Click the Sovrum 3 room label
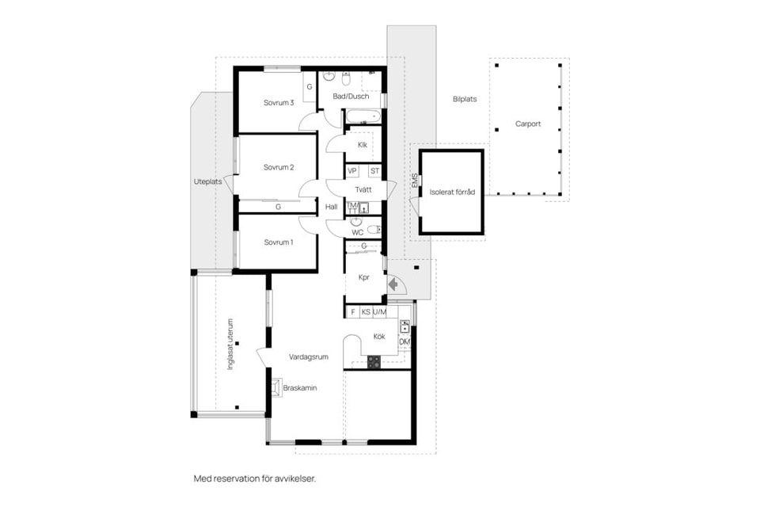(279, 102)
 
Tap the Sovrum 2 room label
(279, 167)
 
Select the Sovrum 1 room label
(278, 242)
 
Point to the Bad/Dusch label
(351, 96)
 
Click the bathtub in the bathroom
(363, 116)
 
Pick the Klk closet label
(363, 145)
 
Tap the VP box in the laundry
(352, 171)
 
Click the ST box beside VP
(374, 171)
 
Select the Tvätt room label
(363, 189)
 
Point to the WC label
(358, 232)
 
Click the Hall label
(332, 207)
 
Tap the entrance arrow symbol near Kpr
(393, 284)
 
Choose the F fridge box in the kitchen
(353, 312)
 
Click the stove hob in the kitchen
(374, 362)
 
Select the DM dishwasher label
(405, 341)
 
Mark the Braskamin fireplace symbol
(276, 387)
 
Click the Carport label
(528, 124)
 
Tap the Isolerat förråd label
(452, 193)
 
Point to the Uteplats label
(208, 181)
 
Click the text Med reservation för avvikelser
(255, 478)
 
